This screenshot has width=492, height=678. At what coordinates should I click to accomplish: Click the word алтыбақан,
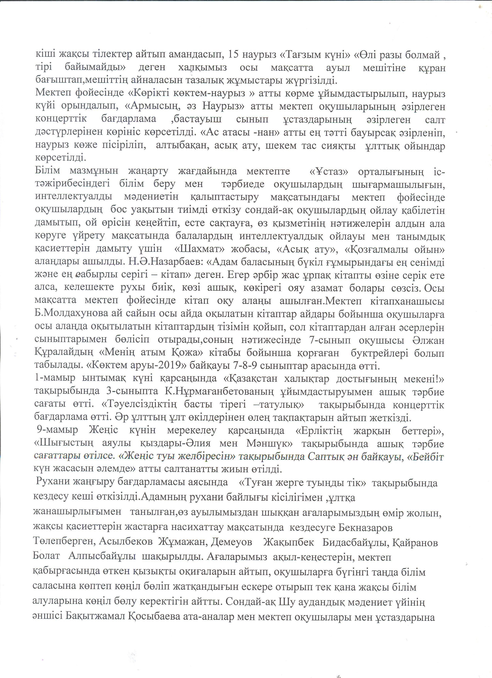pos(182,146)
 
